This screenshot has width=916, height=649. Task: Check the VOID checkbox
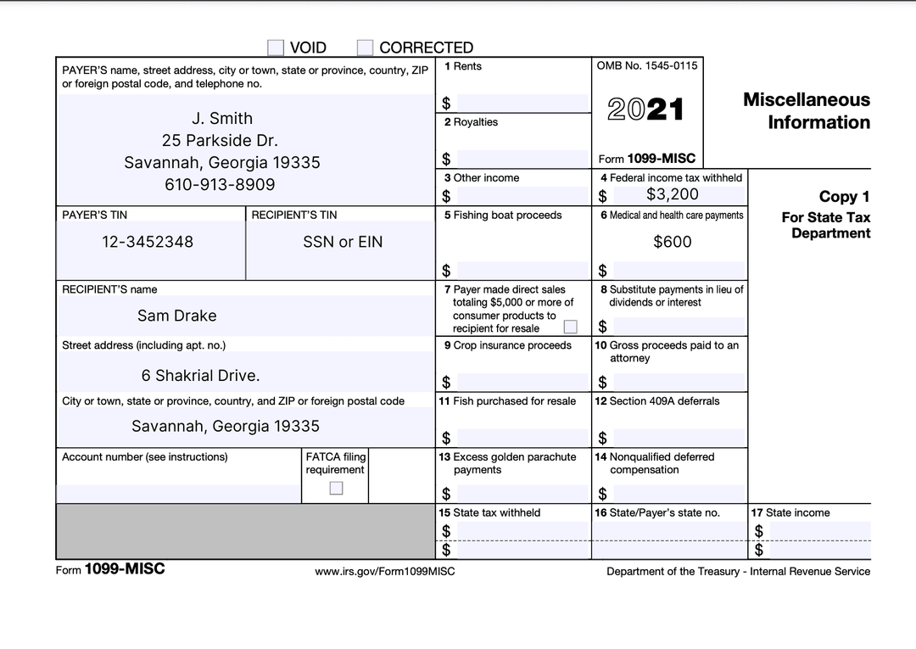[276, 48]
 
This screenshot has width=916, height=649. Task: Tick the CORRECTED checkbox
[366, 48]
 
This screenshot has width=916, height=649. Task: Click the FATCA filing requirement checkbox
[336, 488]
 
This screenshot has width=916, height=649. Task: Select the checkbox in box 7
[571, 327]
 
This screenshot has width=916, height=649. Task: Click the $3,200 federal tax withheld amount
[672, 194]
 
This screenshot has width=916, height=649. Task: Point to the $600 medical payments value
[672, 242]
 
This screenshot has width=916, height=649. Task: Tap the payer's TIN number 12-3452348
[148, 242]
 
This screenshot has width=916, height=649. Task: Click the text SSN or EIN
[343, 242]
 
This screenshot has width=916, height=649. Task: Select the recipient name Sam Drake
[176, 316]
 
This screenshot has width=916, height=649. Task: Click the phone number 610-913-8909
[220, 184]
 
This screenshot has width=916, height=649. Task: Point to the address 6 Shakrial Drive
[200, 375]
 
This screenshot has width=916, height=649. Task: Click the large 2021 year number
[645, 109]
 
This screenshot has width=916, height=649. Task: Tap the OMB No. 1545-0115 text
[647, 66]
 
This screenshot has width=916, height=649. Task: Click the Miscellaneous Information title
[806, 111]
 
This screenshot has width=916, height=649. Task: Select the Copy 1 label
[844, 197]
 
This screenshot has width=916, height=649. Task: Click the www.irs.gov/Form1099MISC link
[384, 572]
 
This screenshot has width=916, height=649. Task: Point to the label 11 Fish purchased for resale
[507, 401]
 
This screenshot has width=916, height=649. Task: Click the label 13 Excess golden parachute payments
[507, 463]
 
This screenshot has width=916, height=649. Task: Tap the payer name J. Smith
[221, 119]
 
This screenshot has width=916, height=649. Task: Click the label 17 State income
[790, 512]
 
